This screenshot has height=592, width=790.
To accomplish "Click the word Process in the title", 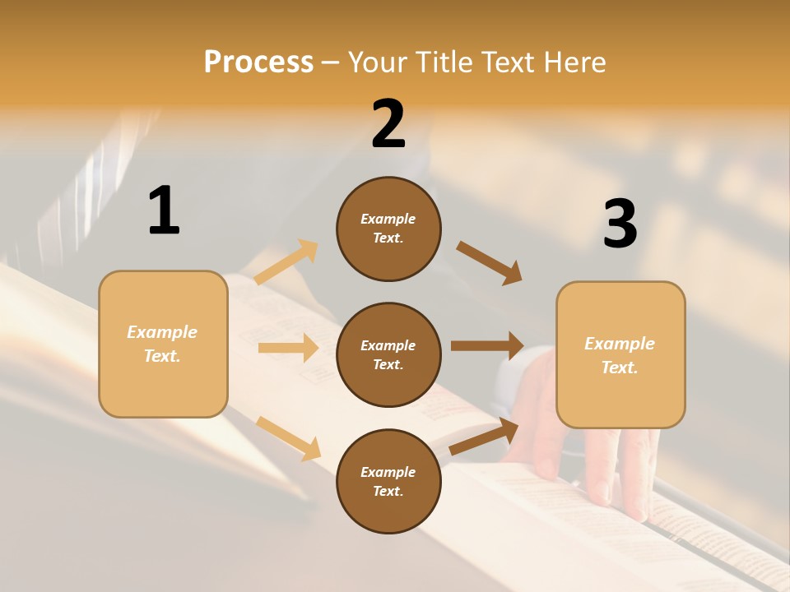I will click(258, 62).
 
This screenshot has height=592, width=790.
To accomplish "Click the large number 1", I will click(164, 210).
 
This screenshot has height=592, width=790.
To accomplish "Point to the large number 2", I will click(388, 124).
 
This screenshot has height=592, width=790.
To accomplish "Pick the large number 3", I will click(620, 224).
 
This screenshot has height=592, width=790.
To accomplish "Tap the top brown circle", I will click(388, 229).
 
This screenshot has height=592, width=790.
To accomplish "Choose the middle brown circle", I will click(388, 354).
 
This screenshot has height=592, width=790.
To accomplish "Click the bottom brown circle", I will click(388, 481).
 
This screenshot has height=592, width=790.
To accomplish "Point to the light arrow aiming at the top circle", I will click(286, 262).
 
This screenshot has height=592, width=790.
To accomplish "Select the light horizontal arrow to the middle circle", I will click(288, 348).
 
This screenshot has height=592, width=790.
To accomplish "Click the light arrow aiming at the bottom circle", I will click(288, 438).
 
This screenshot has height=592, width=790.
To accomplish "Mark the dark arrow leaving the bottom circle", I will click(484, 437).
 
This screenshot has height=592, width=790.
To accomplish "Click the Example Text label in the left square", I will click(162, 344).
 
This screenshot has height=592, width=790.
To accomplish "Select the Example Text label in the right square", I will click(620, 355).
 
